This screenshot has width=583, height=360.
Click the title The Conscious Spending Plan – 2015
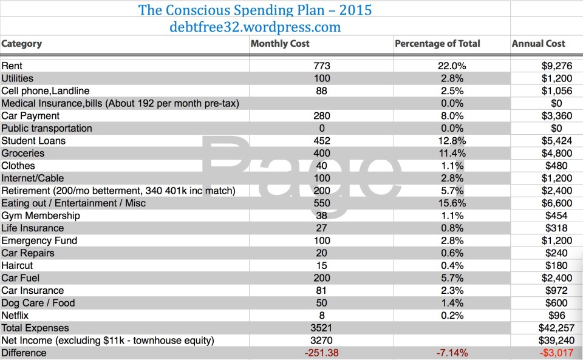255,10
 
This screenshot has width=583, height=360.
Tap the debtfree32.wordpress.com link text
255,27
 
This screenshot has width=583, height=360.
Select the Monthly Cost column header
280,44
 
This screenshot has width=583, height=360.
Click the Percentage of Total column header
437,44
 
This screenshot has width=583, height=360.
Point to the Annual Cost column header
539,44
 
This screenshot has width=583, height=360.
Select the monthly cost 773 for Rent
322,66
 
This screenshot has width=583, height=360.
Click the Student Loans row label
33,141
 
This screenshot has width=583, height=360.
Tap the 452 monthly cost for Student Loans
322,141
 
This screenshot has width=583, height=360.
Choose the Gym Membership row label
41,216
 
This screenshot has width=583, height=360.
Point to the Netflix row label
15,316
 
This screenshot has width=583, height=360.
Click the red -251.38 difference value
322,353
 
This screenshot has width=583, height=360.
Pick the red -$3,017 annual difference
552,353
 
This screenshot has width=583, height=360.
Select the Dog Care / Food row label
38,303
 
